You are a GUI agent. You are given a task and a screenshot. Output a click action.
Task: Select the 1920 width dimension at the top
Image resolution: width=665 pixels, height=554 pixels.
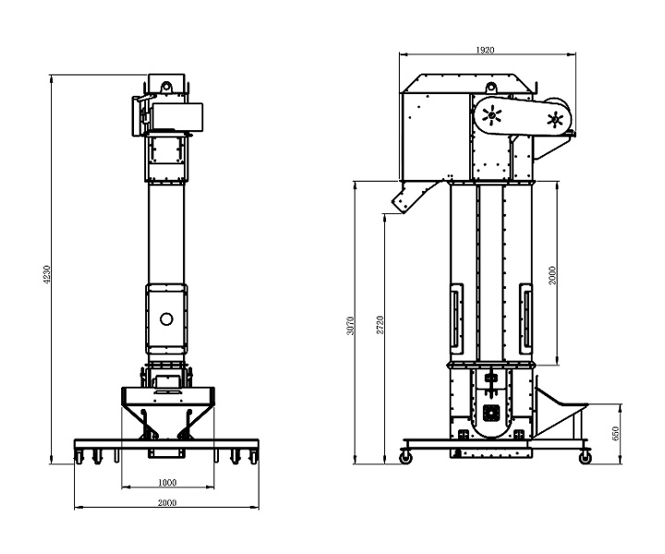click(487, 49)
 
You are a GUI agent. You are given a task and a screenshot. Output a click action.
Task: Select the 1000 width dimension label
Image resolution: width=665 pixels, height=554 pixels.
click(167, 482)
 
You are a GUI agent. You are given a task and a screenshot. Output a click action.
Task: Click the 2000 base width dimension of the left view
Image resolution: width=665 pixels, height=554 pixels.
click(167, 502)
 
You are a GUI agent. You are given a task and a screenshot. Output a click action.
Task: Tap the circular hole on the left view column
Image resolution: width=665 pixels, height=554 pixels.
click(166, 319)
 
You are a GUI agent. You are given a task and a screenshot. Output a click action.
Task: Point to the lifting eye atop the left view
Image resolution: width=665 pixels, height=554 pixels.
click(167, 85)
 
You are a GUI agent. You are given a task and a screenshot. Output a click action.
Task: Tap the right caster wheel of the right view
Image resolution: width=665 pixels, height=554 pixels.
click(584, 456)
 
